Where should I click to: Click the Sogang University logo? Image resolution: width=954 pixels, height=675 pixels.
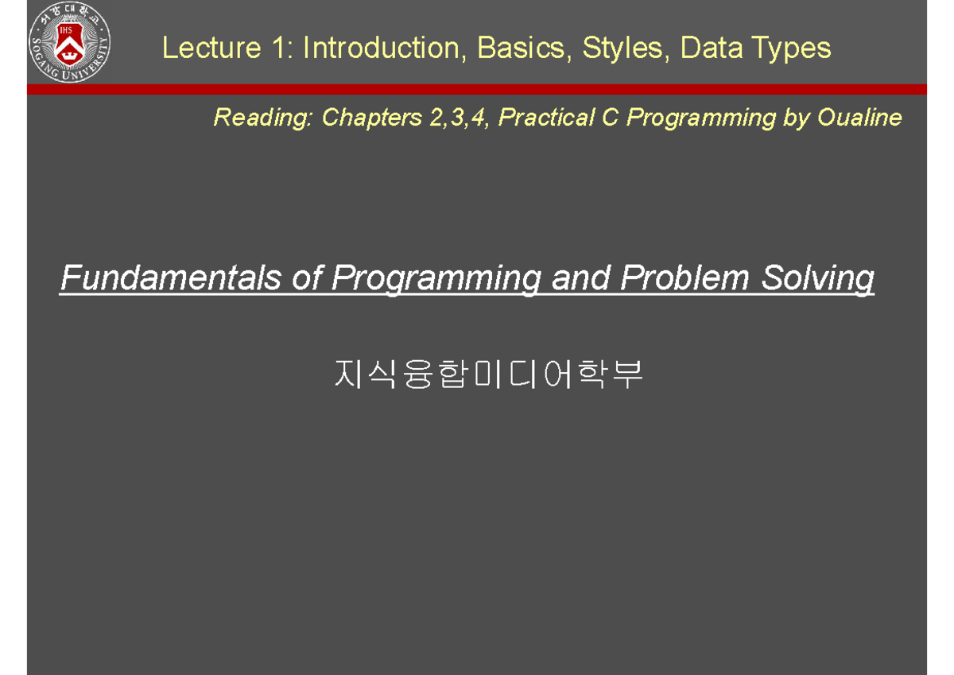(x=69, y=44)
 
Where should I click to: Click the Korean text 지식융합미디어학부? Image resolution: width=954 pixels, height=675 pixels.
(x=488, y=374)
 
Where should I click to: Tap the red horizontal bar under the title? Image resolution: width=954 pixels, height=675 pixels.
(x=477, y=89)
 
